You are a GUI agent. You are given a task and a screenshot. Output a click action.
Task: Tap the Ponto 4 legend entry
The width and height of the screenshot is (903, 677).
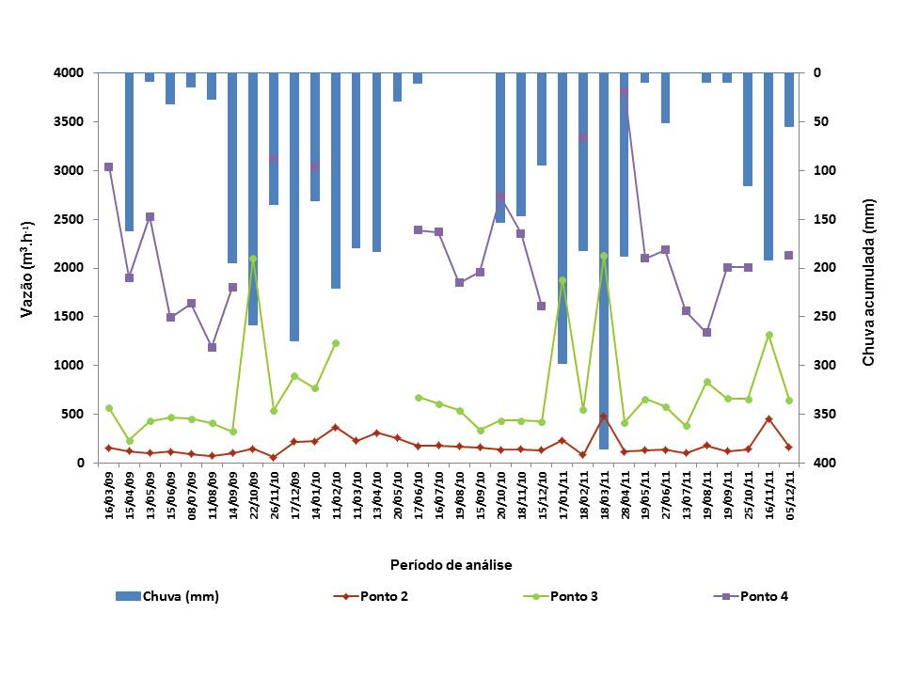coord(764,595)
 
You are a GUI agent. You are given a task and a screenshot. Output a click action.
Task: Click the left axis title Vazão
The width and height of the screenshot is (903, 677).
coord(28,268)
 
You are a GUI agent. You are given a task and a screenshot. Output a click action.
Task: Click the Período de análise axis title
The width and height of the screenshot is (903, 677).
coord(451,564)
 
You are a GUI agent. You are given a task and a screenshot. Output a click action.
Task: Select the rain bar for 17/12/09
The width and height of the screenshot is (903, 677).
coord(294,207)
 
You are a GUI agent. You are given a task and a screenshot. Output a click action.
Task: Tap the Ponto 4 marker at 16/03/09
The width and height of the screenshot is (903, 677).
coord(109,166)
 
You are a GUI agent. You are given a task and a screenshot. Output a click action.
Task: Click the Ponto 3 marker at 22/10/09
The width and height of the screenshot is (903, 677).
coord(253,259)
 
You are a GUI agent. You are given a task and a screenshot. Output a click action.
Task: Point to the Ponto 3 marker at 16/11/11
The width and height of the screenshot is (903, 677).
coord(768,335)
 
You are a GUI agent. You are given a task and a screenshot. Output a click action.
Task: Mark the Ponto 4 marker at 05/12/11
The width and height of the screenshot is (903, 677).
coord(789,255)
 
